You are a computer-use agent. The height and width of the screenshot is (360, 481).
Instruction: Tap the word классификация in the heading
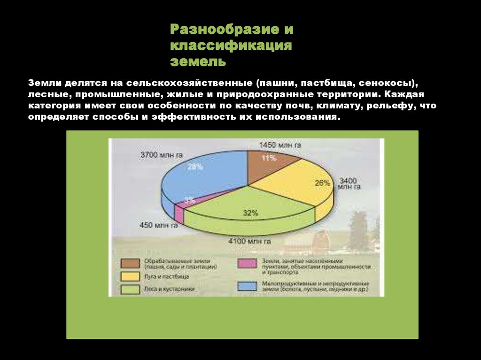coord(231,46)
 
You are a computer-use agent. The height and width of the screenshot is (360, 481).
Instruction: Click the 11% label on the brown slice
coord(269,158)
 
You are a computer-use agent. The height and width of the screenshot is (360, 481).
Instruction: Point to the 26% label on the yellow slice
coord(323,183)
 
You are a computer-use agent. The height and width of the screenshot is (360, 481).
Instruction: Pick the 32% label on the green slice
coord(250,213)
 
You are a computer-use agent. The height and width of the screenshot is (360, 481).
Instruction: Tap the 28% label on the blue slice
coord(195,166)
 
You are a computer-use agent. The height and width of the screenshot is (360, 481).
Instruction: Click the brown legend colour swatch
coord(130,263)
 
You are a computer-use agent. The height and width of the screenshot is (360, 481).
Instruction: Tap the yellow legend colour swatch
coord(130,276)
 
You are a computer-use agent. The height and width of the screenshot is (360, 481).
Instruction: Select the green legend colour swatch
coord(130,289)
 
